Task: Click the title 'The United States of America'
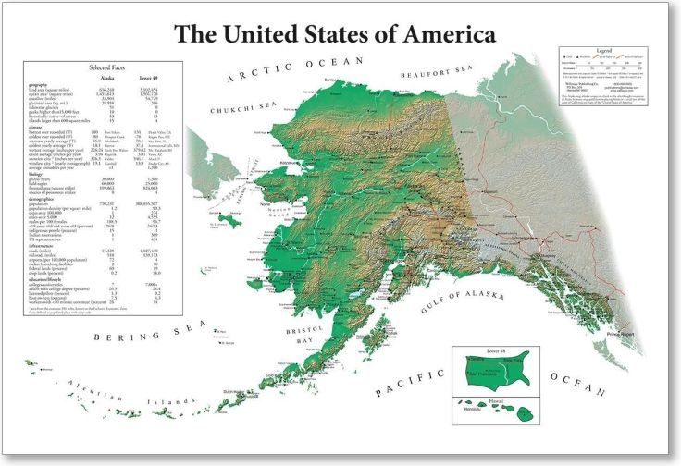(335, 35)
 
